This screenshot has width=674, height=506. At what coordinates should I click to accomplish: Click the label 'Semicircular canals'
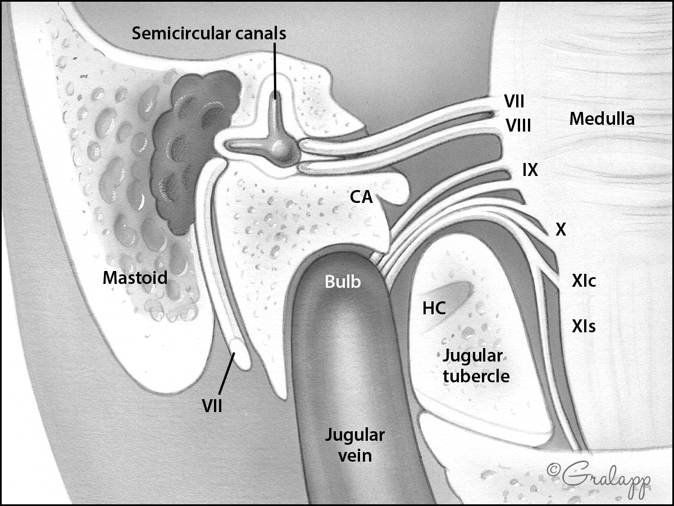(x=209, y=33)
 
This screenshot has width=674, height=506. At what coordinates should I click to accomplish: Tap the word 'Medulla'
(x=602, y=119)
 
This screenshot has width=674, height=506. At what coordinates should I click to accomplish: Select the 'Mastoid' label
(x=135, y=278)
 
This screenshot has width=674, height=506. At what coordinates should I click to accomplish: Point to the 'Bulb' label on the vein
(x=343, y=282)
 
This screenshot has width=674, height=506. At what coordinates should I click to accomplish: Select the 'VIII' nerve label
(x=518, y=125)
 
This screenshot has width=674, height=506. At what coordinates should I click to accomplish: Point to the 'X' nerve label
(x=560, y=229)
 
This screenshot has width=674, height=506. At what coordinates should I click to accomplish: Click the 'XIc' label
(x=584, y=282)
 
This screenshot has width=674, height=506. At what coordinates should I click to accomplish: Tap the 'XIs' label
(x=584, y=326)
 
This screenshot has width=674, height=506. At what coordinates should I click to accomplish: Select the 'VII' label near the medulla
(x=514, y=102)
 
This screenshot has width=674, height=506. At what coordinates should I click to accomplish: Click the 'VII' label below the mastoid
(x=212, y=405)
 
